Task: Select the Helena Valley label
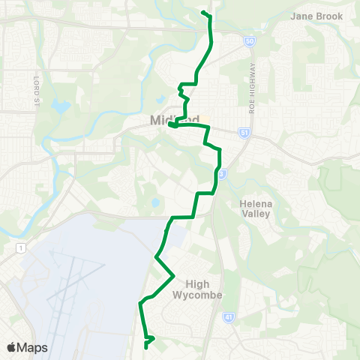(259, 208)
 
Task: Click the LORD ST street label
(34, 85)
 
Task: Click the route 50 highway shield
(250, 41)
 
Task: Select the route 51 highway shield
(244, 132)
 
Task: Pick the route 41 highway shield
(227, 318)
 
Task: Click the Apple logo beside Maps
(11, 347)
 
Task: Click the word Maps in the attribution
(32, 347)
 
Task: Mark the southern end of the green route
(145, 347)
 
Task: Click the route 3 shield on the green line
(221, 174)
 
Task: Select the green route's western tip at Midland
(170, 125)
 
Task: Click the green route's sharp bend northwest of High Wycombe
(156, 256)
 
